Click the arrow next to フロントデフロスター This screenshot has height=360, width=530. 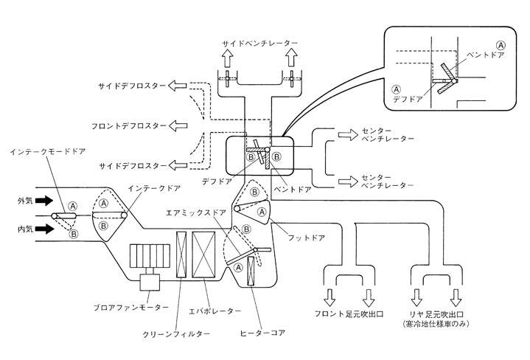tap(178, 125)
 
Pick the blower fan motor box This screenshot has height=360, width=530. tap(152, 282)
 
